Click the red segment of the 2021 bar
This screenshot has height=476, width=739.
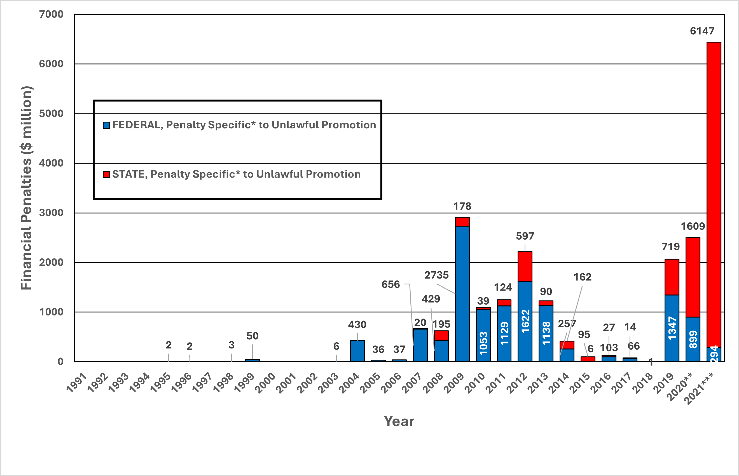(x=714, y=195)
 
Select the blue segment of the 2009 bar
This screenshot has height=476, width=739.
(x=462, y=294)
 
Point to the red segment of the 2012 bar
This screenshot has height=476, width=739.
(x=525, y=267)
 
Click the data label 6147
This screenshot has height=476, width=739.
(x=702, y=31)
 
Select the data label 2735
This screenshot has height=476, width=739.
(x=436, y=275)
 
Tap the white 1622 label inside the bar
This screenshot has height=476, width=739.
(x=525, y=321)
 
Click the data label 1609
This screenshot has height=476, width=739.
(x=693, y=226)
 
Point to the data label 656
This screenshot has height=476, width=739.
(x=390, y=284)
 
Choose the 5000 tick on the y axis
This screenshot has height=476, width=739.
(x=51, y=114)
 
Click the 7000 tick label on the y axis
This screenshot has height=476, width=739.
(x=51, y=14)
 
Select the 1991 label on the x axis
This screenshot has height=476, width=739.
(x=76, y=383)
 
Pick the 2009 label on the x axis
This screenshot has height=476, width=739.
(x=454, y=383)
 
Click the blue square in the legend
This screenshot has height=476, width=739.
(x=106, y=125)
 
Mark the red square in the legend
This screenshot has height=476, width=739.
(x=106, y=175)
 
